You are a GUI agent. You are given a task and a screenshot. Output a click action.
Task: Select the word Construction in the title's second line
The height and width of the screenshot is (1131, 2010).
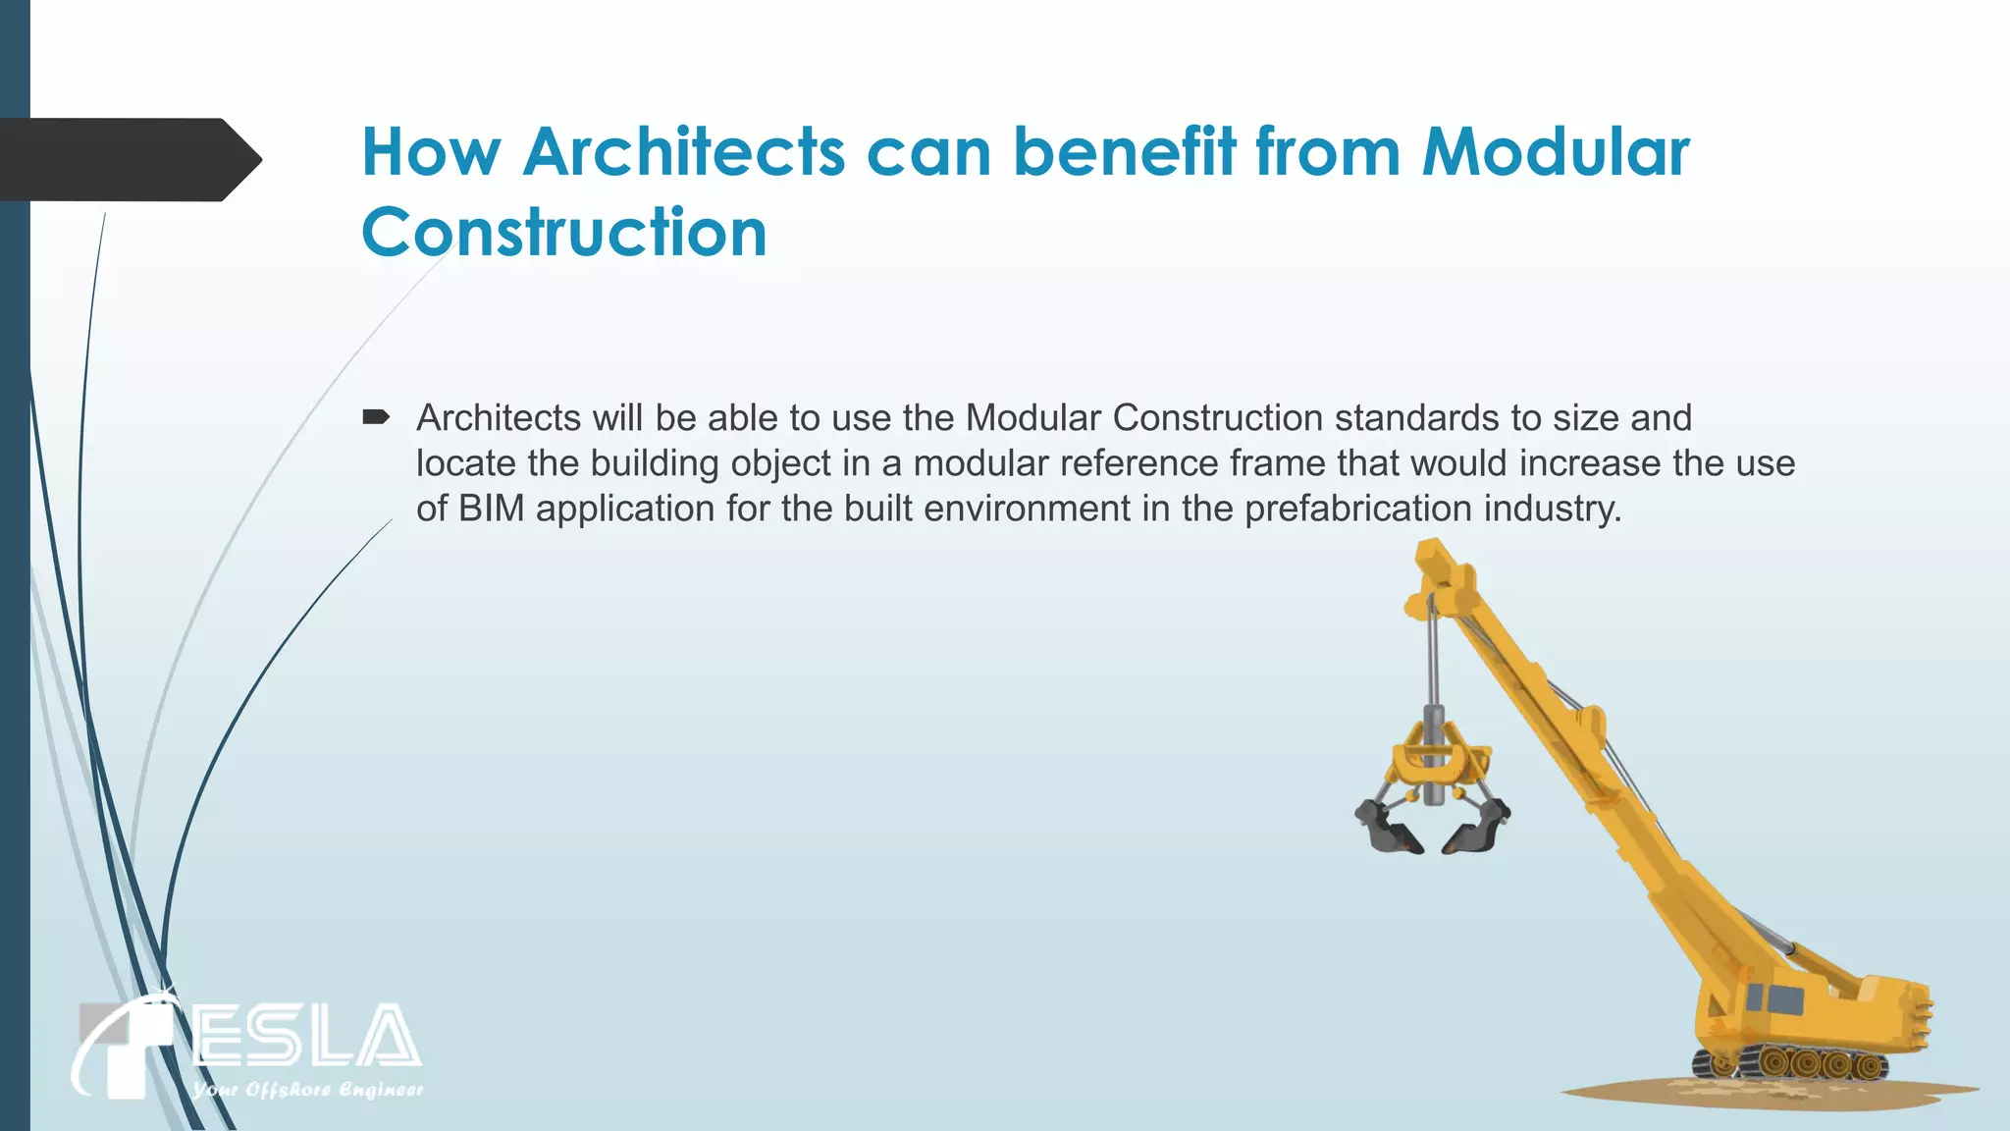pos(563,233)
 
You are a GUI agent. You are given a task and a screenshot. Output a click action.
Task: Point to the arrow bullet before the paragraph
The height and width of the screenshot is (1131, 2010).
pos(376,418)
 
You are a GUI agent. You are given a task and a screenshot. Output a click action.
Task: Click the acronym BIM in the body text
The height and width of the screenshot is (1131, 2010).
pos(491,509)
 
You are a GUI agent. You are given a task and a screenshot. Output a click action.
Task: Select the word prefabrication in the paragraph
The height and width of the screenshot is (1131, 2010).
pos(1358,509)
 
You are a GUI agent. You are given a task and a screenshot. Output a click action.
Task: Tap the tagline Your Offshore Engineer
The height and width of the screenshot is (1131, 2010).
pos(307,1090)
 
